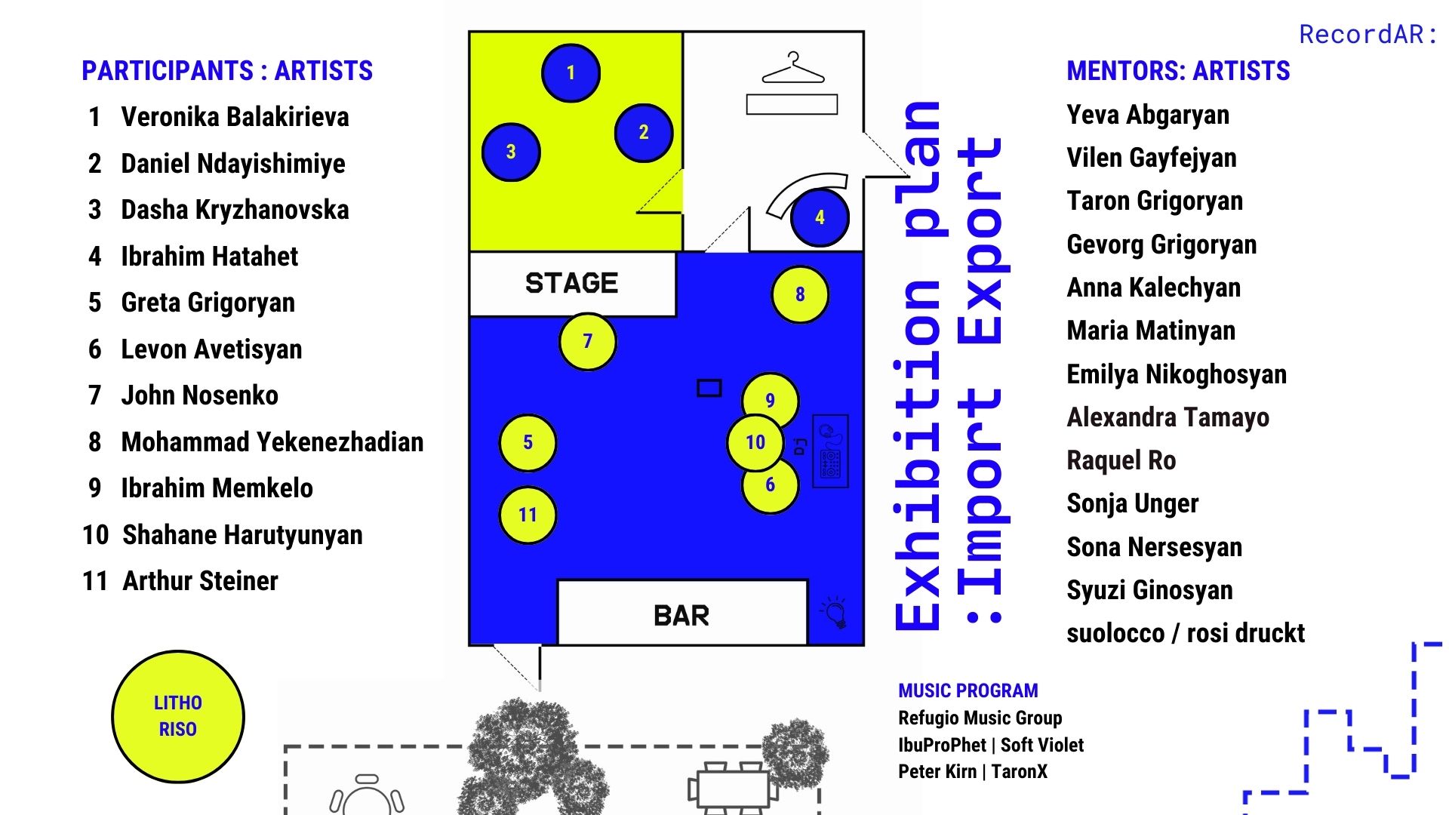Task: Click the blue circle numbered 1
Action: [571, 72]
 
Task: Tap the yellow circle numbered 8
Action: [800, 294]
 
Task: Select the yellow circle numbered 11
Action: [528, 515]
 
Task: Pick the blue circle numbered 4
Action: [820, 217]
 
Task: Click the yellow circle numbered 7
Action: [587, 342]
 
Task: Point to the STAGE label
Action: [571, 283]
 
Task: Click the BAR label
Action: [681, 616]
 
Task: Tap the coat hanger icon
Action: [793, 67]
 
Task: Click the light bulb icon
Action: [835, 612]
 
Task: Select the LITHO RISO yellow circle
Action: [178, 716]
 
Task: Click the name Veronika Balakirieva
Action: [235, 117]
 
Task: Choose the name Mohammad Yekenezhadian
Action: [272, 442]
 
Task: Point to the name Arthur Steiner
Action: [200, 581]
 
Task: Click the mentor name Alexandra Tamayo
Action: [1168, 417]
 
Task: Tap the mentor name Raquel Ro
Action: [1121, 460]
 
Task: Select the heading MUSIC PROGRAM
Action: [968, 690]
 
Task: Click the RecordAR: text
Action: [1367, 34]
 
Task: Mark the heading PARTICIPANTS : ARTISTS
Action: [227, 71]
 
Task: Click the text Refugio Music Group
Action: [980, 718]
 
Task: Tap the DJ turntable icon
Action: [830, 451]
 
